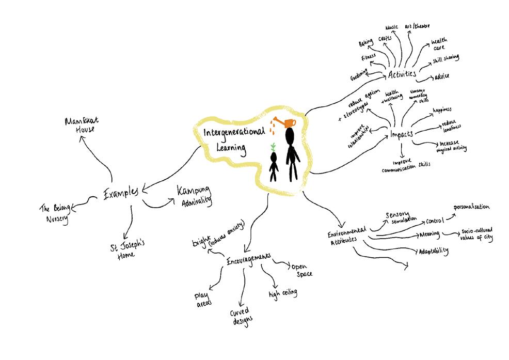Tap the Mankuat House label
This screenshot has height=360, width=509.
tap(82, 124)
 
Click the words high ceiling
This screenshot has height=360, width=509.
tap(283, 293)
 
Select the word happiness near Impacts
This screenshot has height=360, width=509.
tap(442, 109)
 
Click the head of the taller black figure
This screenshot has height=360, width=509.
tap(290, 137)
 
